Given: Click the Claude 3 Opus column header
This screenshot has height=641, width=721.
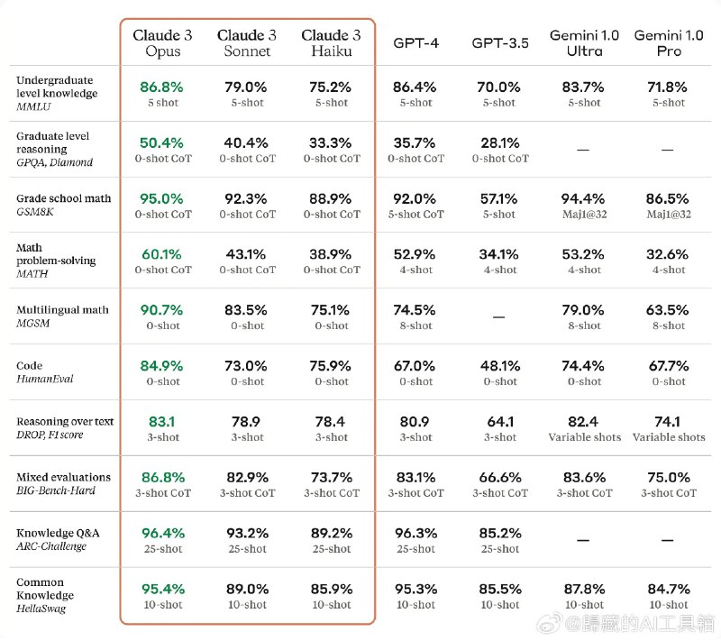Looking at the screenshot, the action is [x=162, y=42].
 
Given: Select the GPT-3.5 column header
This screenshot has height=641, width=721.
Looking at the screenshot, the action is [x=500, y=42].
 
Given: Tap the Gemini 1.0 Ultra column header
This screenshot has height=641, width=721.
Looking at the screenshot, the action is [x=584, y=42].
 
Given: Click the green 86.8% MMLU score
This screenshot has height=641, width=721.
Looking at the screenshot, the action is [x=161, y=87].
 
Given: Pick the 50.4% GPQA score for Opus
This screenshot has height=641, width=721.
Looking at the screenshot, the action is [x=161, y=143].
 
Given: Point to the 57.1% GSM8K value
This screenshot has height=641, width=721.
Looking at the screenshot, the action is [x=499, y=198].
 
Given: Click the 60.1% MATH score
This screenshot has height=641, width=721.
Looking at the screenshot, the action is [x=161, y=254].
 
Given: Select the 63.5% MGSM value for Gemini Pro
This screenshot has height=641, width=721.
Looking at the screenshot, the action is [x=667, y=310].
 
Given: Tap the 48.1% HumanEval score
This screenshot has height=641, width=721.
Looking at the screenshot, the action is [x=500, y=366].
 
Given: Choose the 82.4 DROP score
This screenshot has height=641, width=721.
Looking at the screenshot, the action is [x=583, y=422].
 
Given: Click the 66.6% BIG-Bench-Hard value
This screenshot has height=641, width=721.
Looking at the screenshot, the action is [x=500, y=477].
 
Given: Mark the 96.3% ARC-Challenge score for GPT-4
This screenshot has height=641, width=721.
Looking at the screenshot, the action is [x=415, y=534].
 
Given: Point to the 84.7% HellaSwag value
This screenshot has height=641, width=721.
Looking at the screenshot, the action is [x=669, y=589].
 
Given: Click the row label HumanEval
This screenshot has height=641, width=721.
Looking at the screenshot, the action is [x=44, y=379].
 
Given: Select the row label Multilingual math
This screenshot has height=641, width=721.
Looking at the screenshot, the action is [x=62, y=310].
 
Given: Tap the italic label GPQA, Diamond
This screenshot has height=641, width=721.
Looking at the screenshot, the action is [x=54, y=162].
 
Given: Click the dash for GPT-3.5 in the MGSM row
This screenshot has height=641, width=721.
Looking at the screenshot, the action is [x=499, y=316].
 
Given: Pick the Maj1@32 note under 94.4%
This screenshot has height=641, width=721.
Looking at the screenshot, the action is [x=584, y=215].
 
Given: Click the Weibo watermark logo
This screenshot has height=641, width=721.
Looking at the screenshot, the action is [x=550, y=623].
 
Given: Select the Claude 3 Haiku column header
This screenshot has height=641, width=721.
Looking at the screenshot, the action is [x=331, y=42].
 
